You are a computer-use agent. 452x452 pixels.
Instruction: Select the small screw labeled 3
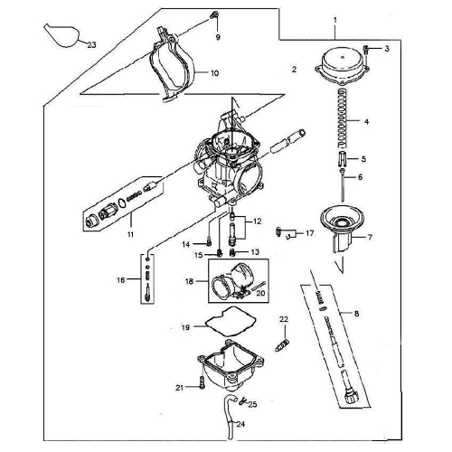(363, 47)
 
